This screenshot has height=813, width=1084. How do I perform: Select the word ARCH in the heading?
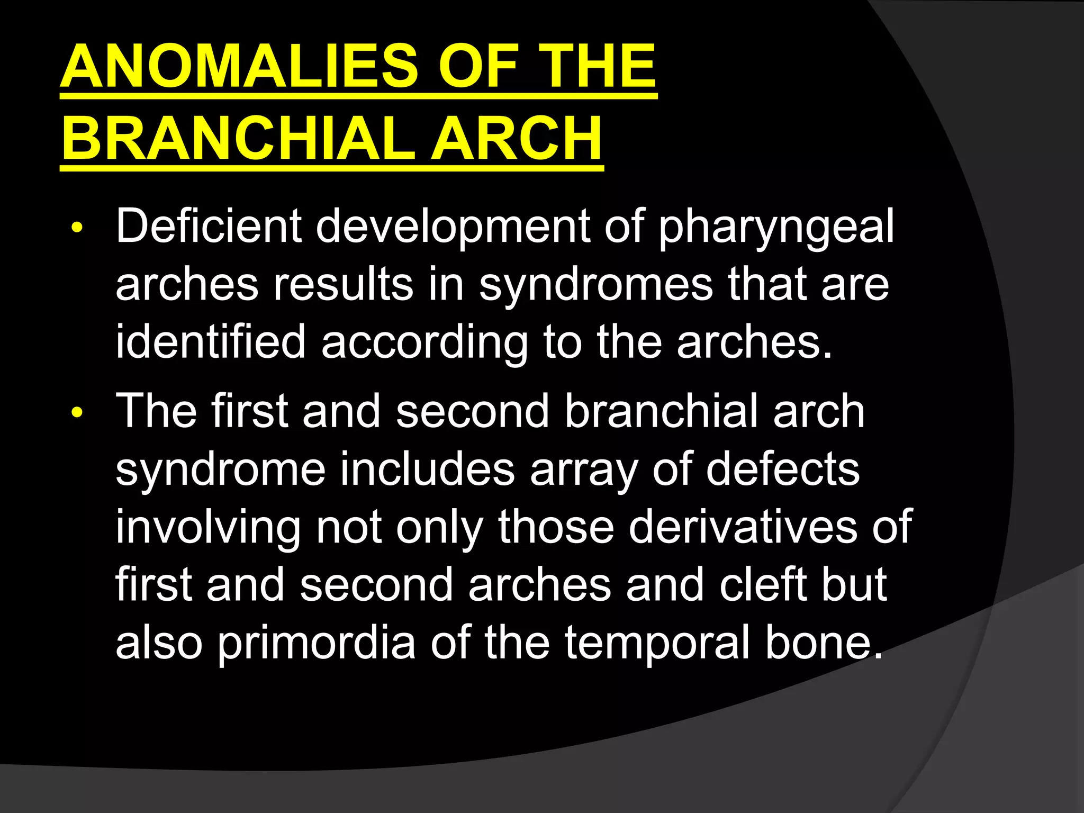point(517,139)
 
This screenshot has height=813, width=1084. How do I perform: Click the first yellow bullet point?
point(77,228)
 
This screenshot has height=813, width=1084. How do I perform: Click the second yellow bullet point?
point(77,412)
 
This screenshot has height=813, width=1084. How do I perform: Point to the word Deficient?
point(209,227)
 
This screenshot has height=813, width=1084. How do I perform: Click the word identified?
point(210,342)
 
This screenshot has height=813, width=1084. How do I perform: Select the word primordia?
point(316,644)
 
